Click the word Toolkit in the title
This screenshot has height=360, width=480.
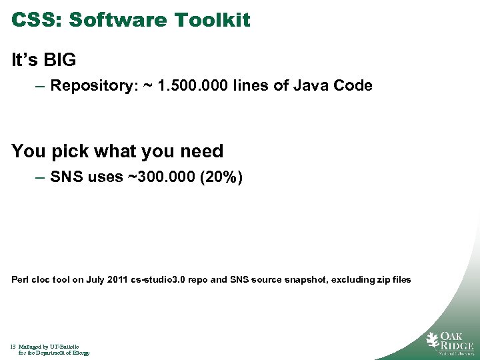coord(213,20)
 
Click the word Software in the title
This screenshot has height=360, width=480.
coord(119,20)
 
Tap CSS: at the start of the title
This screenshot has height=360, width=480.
coord(37,20)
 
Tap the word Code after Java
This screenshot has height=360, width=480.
coord(352,86)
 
